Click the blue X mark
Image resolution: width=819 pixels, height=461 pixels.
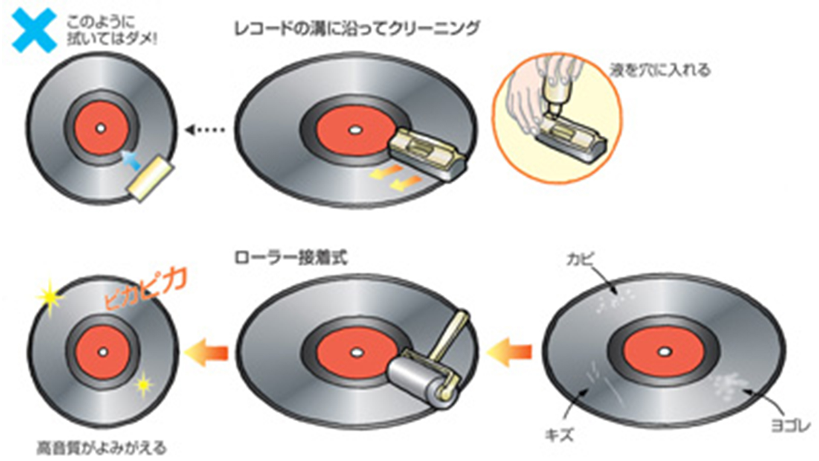click(34, 30)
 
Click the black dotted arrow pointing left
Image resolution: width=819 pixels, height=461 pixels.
click(205, 129)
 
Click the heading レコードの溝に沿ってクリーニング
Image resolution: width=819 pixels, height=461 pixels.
click(357, 29)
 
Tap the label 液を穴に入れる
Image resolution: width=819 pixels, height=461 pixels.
click(660, 70)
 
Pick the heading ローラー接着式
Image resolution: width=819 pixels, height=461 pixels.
click(291, 258)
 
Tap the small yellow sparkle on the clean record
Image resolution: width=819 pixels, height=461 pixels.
click(144, 384)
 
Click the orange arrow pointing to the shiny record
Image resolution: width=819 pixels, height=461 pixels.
click(206, 353)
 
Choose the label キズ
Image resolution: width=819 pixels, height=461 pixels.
click(559, 435)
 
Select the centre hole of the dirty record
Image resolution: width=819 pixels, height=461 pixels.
click(664, 352)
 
